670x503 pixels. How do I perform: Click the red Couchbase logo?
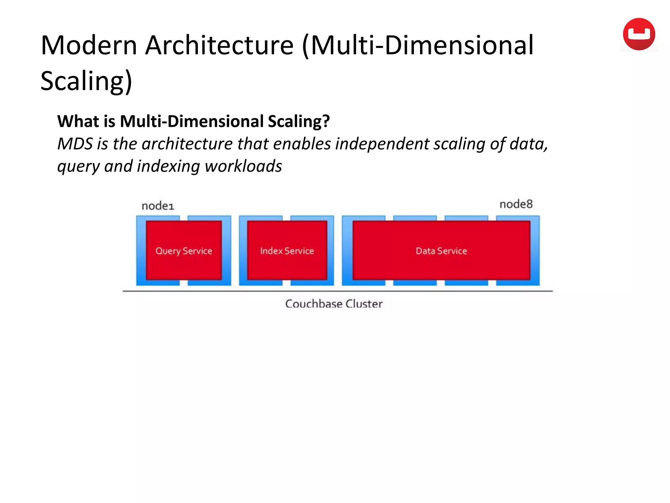(x=639, y=34)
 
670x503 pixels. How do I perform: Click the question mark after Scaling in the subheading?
(x=326, y=121)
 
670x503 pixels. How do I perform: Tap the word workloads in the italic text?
(x=243, y=166)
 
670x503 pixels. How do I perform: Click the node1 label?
(x=158, y=206)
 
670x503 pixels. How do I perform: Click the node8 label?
(x=516, y=204)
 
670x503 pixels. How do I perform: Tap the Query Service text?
(x=184, y=251)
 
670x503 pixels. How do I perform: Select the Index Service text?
(x=287, y=251)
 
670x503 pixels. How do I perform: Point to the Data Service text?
(x=441, y=251)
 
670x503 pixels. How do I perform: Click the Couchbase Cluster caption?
(x=334, y=304)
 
